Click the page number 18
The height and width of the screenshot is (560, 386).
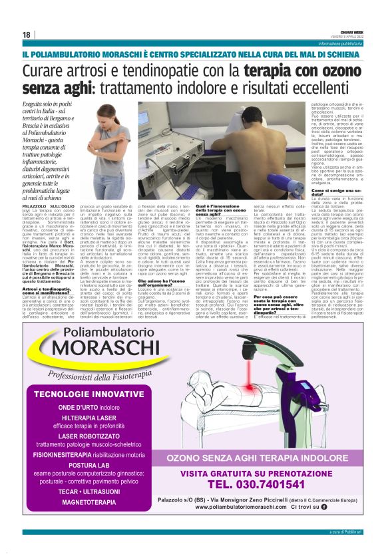click(x=26, y=35)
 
